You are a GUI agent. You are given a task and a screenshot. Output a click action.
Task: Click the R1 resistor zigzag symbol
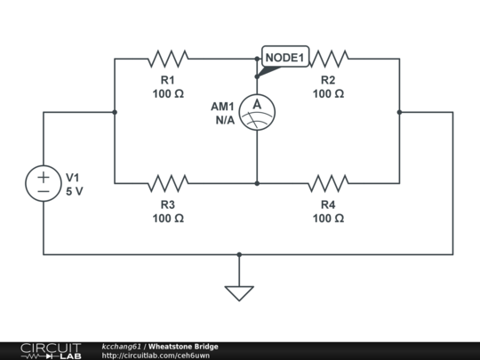168,59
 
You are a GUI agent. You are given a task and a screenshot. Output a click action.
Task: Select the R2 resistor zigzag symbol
328,59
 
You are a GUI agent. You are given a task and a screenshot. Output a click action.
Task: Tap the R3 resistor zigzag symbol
168,183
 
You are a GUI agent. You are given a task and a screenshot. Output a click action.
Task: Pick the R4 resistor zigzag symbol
328,183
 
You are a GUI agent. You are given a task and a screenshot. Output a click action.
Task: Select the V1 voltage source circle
44,183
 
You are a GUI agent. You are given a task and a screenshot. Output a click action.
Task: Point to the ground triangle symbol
239,292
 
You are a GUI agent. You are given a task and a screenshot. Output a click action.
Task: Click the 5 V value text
75,191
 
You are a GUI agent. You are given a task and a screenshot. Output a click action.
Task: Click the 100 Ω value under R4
328,218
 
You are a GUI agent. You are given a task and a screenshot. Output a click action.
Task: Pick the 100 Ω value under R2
328,93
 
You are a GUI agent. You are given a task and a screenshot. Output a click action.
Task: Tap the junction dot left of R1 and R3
115,112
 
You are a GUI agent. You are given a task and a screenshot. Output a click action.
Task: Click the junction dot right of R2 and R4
399,112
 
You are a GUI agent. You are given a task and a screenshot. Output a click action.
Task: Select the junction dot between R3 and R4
257,183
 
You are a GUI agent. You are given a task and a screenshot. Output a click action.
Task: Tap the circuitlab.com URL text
156,356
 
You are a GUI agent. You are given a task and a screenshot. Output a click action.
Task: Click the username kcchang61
122,346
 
